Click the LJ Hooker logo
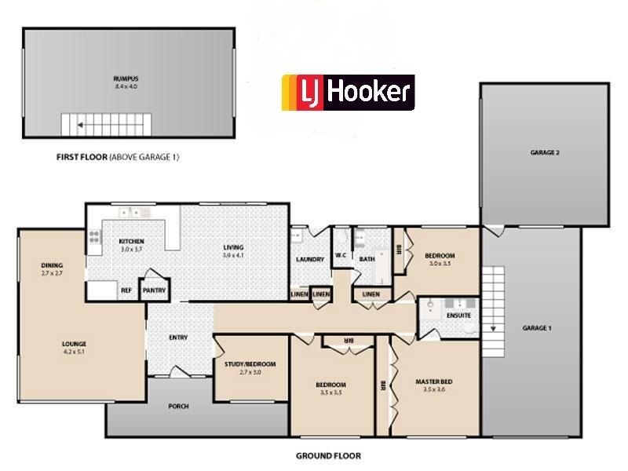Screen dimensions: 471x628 (x=348, y=93)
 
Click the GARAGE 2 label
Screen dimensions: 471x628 (x=544, y=152)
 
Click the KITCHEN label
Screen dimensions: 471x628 (x=131, y=242)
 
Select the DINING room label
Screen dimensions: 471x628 (x=52, y=265)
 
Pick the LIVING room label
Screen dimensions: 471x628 (x=234, y=247)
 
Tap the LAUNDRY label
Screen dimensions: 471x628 (x=310, y=259)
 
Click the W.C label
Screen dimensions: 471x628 (x=341, y=255)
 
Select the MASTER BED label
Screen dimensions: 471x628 (x=433, y=382)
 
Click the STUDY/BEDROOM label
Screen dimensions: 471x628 (x=250, y=364)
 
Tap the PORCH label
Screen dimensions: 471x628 (x=180, y=407)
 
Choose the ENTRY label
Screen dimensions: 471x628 (x=178, y=338)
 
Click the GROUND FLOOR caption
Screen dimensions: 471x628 (x=328, y=455)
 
